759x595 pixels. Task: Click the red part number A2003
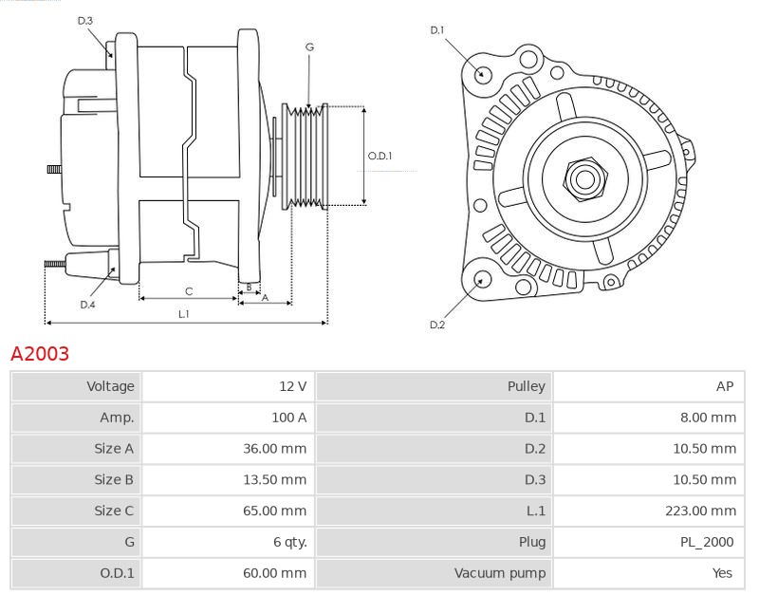click(40, 354)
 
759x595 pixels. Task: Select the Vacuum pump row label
click(500, 573)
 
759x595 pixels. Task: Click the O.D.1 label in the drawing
click(379, 157)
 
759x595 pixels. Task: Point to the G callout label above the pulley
click(310, 46)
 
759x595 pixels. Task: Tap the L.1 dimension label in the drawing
click(184, 313)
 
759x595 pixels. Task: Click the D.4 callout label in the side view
click(87, 305)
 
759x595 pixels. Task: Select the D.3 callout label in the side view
click(85, 20)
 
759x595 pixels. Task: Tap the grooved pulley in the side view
click(307, 155)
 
